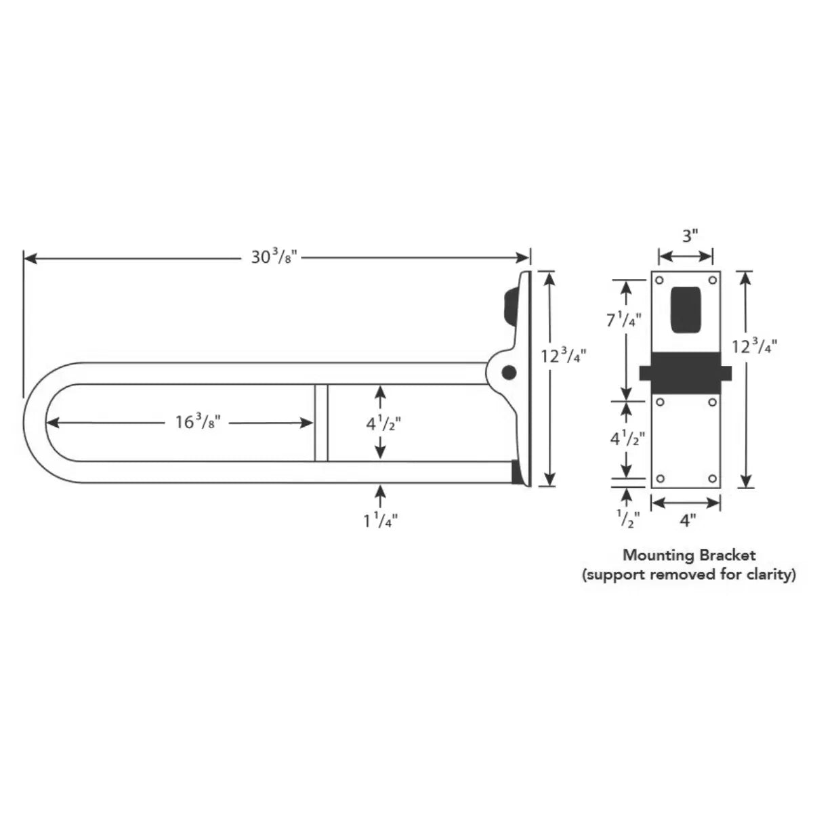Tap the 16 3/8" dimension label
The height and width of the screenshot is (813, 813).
(x=198, y=422)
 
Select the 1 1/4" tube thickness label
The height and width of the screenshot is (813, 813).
(x=381, y=522)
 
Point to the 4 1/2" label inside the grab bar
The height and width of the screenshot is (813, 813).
(x=383, y=424)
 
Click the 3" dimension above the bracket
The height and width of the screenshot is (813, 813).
(x=690, y=236)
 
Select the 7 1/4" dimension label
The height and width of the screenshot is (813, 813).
(x=624, y=320)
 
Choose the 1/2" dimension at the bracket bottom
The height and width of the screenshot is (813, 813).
(x=628, y=520)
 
